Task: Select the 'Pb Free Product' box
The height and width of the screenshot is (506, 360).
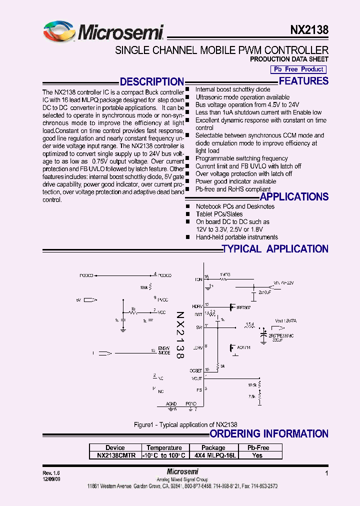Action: (x=298, y=69)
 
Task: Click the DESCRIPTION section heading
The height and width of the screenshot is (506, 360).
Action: (x=152, y=82)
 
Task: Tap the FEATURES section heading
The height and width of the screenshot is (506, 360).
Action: (x=303, y=81)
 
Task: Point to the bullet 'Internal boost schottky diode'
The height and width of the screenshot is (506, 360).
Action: (x=232, y=89)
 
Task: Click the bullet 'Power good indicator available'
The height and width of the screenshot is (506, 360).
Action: (x=235, y=181)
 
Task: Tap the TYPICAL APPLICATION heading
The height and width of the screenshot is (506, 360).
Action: (x=274, y=249)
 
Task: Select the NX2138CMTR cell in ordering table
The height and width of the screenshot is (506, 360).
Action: (x=115, y=455)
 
